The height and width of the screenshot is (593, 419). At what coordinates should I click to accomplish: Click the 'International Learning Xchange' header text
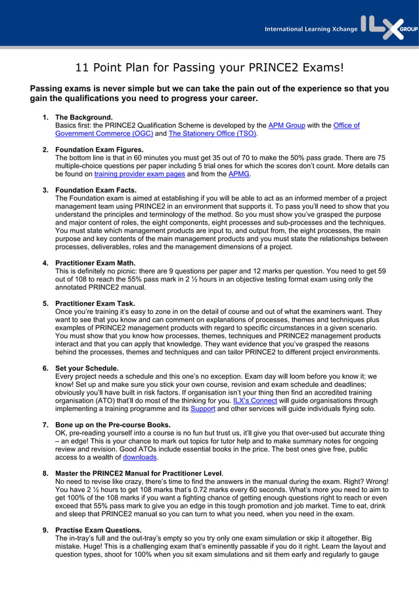311,29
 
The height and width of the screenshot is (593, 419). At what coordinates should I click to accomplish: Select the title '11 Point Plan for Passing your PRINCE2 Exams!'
209,68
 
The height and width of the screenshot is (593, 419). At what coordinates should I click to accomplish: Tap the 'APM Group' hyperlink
286,125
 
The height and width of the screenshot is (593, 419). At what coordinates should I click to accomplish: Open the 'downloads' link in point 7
140,457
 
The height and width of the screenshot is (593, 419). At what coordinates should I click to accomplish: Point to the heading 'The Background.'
84,118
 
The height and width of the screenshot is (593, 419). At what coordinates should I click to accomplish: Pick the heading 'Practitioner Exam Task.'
95,303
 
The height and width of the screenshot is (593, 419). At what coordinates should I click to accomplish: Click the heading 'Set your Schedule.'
87,368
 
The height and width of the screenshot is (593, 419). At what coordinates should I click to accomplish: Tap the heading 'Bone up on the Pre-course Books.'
113,424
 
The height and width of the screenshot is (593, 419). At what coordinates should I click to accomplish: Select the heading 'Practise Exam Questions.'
99,530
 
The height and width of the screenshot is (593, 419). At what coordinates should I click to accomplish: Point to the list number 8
45,473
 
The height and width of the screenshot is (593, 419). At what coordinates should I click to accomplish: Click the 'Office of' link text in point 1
346,125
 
